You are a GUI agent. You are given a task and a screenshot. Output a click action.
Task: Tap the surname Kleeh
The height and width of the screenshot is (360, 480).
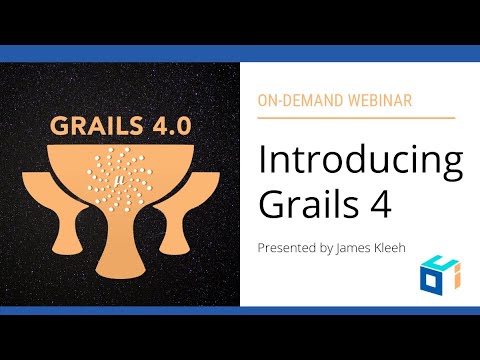pos(397,246)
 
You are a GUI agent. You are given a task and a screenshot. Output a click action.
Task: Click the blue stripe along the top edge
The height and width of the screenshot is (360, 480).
pos(240,52)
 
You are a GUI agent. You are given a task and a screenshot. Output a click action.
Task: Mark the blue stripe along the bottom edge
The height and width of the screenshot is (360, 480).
pos(240,310)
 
